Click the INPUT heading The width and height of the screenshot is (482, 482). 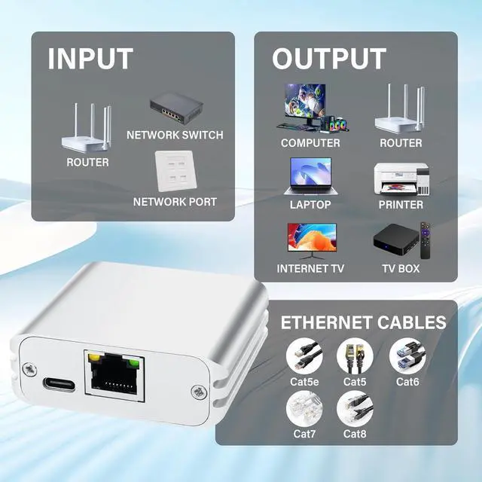(x=90, y=59)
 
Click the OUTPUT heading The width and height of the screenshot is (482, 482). (x=329, y=59)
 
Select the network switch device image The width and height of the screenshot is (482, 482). (x=175, y=110)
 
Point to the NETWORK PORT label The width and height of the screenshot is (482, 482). (x=175, y=202)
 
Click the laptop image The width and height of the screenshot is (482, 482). (x=310, y=175)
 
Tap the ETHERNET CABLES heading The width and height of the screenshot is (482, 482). (x=363, y=323)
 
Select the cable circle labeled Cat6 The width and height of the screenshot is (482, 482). (x=407, y=355)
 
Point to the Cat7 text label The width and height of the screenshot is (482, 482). (x=306, y=434)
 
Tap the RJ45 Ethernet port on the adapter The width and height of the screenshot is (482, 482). (x=114, y=374)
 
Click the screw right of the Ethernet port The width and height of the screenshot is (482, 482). (x=199, y=391)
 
